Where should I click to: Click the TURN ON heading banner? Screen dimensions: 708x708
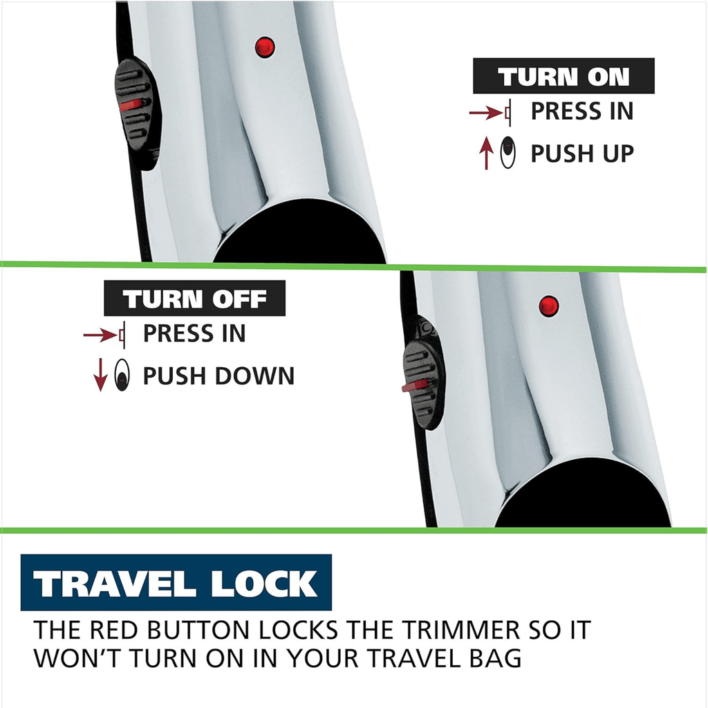[563, 76]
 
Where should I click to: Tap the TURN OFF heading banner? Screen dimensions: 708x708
[194, 298]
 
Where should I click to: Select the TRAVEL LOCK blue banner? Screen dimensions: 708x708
[176, 582]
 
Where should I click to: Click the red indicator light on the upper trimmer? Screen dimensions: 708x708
[265, 47]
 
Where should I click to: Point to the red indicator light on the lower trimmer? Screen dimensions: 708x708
[548, 306]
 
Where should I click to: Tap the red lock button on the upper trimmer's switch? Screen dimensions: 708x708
[131, 105]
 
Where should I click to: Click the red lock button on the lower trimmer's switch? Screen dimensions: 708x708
[415, 386]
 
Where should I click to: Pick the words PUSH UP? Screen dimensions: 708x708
[582, 153]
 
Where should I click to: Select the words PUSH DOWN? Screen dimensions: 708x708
[218, 375]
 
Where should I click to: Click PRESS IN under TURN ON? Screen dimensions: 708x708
[582, 111]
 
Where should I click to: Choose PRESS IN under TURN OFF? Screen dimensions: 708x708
[194, 334]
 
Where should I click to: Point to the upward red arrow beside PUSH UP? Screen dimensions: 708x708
[486, 153]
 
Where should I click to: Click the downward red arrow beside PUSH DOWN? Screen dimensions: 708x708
[100, 375]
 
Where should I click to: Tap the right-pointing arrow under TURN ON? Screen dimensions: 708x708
[486, 112]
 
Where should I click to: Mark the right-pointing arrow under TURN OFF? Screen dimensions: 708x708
[100, 335]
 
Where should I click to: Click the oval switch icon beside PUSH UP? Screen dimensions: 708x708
[508, 152]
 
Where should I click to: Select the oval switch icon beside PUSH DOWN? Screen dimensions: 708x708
[122, 375]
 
